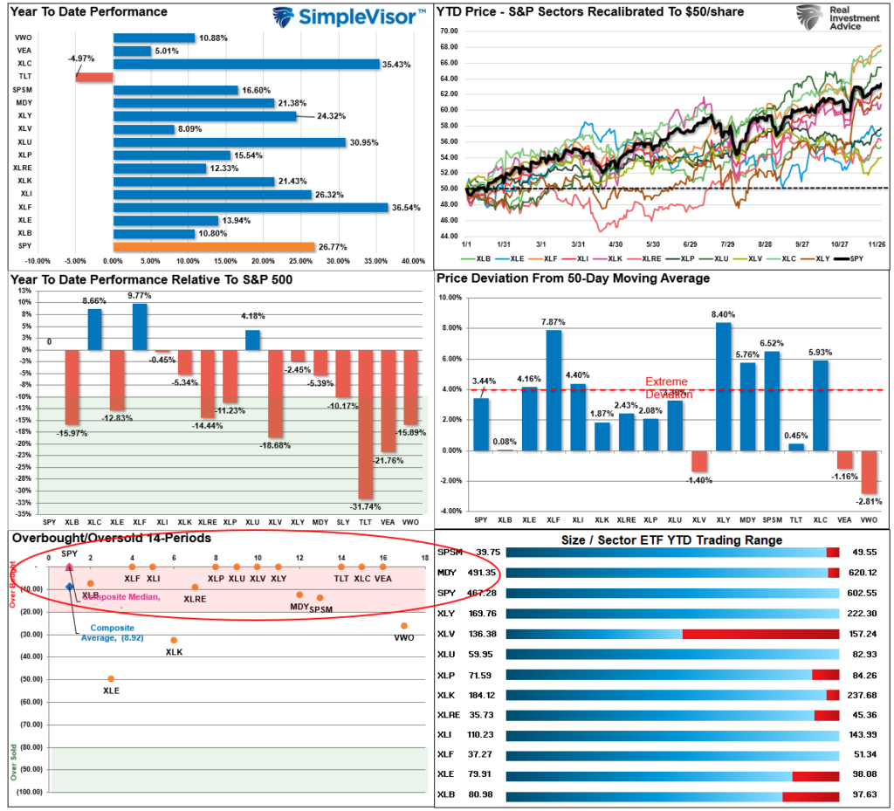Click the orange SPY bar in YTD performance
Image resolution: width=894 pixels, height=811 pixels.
click(213, 247)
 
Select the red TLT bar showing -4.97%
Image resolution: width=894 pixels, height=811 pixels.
click(94, 77)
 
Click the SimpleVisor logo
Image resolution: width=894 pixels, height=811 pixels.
click(349, 16)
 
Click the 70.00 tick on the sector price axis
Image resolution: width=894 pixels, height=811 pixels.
click(449, 31)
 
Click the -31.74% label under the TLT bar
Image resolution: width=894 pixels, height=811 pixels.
click(366, 506)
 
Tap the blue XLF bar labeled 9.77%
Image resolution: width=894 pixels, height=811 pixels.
click(140, 326)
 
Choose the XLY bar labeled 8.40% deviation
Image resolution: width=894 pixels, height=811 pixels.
click(723, 386)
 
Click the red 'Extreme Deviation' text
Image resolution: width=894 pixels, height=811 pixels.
click(667, 388)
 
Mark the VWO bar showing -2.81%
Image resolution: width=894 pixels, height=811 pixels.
click(870, 472)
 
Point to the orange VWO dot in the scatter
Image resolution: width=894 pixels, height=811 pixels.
click(404, 626)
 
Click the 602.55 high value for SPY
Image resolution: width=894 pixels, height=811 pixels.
click(860, 593)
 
